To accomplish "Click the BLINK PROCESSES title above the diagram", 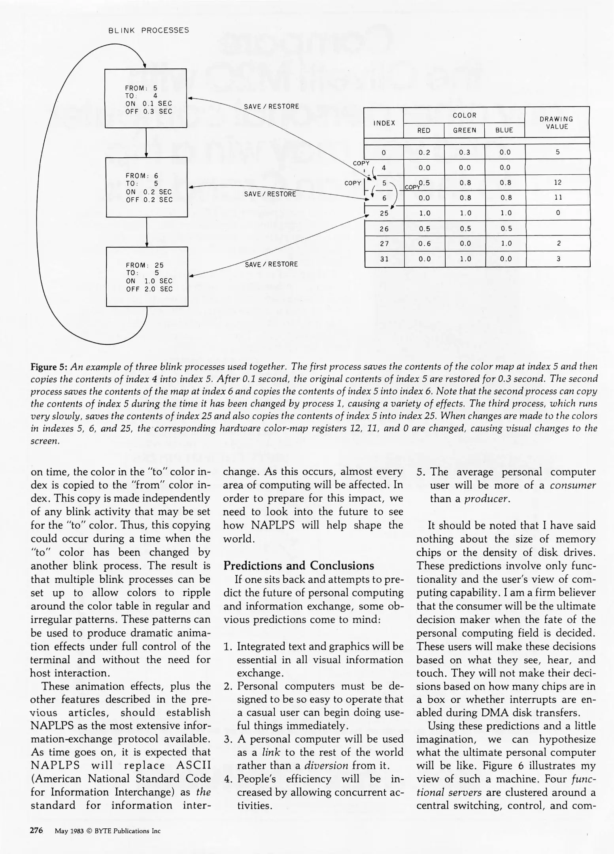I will pyautogui.click(x=149, y=30).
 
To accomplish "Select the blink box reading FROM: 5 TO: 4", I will pyautogui.click(x=145, y=98).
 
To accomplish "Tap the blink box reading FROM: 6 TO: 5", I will pyautogui.click(x=146, y=187).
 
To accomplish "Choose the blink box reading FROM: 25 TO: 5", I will pyautogui.click(x=147, y=276).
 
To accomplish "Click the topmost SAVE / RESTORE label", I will pyautogui.click(x=271, y=106).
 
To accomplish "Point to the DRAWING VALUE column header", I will pyautogui.click(x=556, y=123).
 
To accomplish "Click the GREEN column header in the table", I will pyautogui.click(x=465, y=130).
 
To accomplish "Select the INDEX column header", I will pyautogui.click(x=384, y=123).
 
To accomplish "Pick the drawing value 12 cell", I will pyautogui.click(x=557, y=182).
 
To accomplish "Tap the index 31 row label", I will pyautogui.click(x=384, y=259).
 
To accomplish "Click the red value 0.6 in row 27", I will pyautogui.click(x=424, y=244).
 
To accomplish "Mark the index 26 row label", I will pyautogui.click(x=384, y=229).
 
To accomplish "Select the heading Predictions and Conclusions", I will pyautogui.click(x=298, y=565).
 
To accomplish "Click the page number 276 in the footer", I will pyautogui.click(x=36, y=830).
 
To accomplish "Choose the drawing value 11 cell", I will pyautogui.click(x=557, y=197).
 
